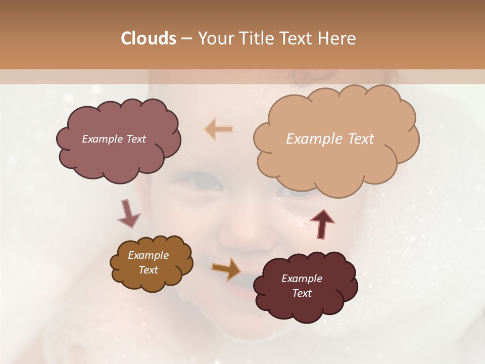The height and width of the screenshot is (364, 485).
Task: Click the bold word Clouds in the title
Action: (x=148, y=38)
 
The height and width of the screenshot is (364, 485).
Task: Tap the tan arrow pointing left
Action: (x=219, y=129)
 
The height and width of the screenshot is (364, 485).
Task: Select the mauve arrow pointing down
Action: (x=128, y=213)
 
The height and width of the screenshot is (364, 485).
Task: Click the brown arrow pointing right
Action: (x=226, y=269)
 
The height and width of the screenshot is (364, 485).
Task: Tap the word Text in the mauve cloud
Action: (x=135, y=139)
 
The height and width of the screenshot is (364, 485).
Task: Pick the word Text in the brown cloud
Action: (x=149, y=270)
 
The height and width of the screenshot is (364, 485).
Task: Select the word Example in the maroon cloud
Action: (x=302, y=279)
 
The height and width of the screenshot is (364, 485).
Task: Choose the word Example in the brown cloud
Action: (x=148, y=255)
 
